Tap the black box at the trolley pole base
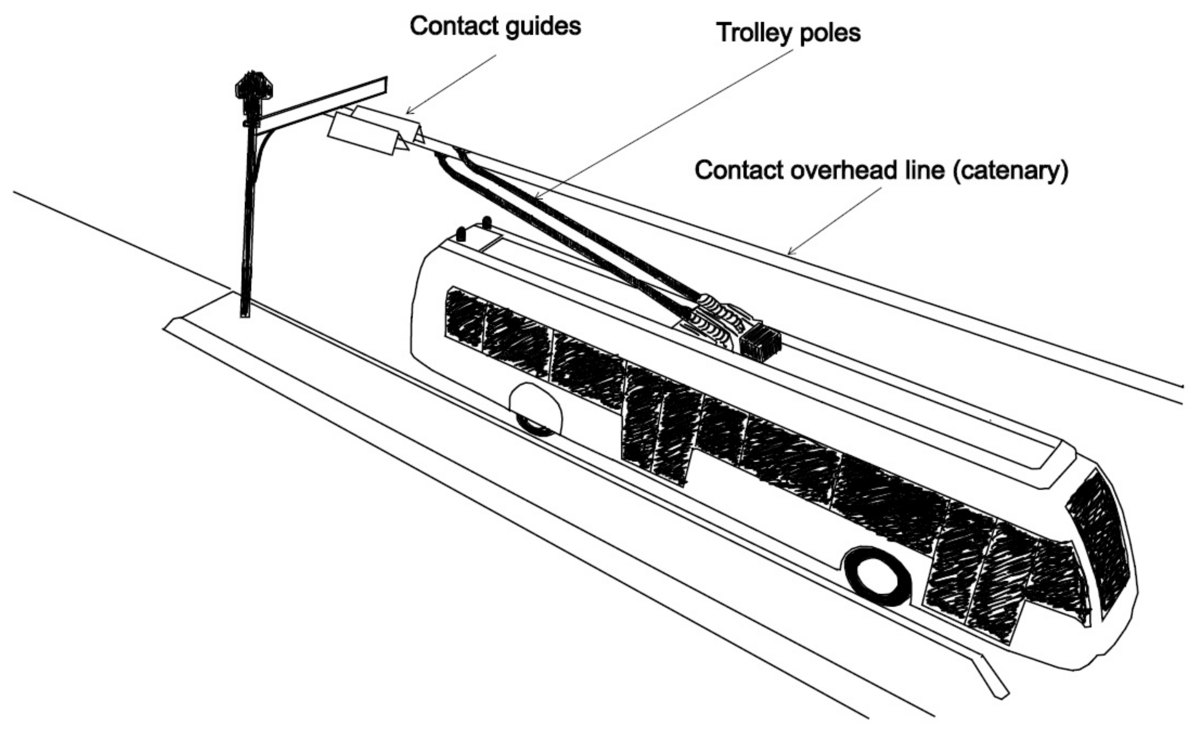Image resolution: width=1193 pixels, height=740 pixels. click(x=759, y=341)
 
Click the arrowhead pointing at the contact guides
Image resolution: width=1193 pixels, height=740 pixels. click(x=410, y=111)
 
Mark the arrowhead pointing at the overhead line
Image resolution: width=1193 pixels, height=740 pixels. click(x=789, y=253)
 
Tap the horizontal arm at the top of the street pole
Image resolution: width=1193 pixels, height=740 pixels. click(x=323, y=102)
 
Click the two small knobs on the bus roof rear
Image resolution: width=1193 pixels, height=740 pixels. click(x=474, y=228)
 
